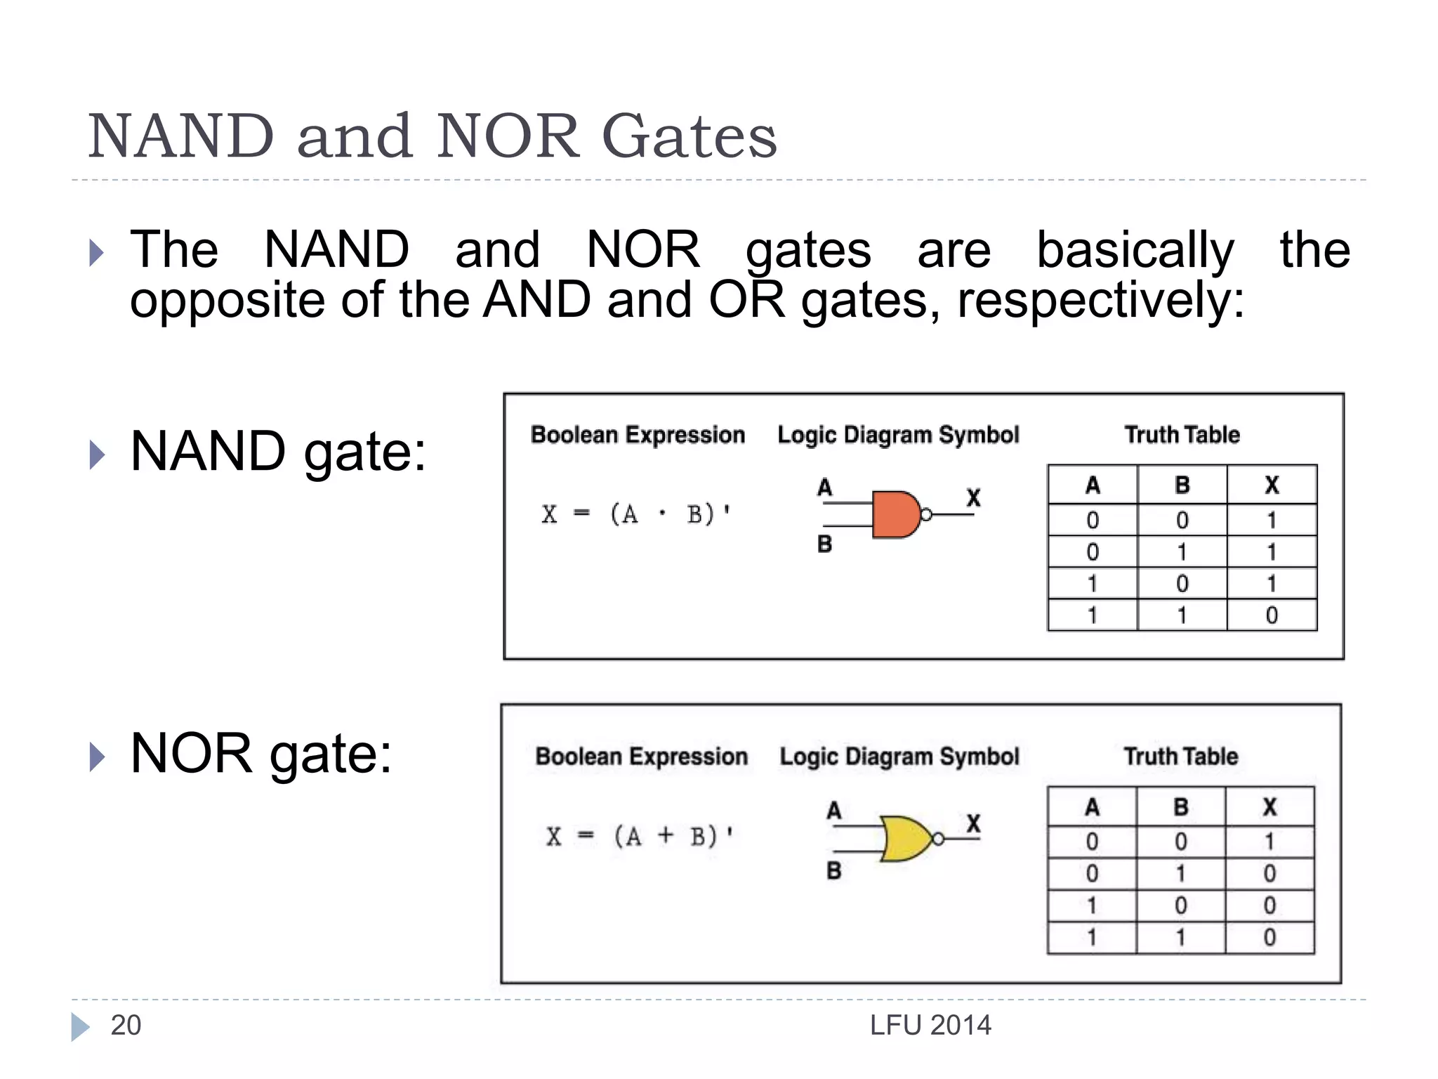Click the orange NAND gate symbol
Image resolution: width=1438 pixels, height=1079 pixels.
pyautogui.click(x=895, y=515)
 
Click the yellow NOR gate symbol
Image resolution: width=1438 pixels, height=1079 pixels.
pyautogui.click(x=906, y=839)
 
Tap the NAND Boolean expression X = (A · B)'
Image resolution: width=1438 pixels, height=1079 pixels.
pyautogui.click(x=636, y=514)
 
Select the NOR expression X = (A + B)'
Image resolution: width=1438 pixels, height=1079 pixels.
pyautogui.click(x=639, y=836)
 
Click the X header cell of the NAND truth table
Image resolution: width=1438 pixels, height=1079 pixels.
pyautogui.click(x=1272, y=485)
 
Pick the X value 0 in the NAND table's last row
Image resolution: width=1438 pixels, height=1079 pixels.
pyautogui.click(x=1272, y=615)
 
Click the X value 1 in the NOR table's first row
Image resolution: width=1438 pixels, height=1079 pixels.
pyautogui.click(x=1269, y=842)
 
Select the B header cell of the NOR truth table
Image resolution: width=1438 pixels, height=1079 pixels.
pyautogui.click(x=1181, y=806)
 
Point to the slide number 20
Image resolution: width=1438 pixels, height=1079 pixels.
pyautogui.click(x=126, y=1026)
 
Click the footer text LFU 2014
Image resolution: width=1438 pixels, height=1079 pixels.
pyautogui.click(x=930, y=1026)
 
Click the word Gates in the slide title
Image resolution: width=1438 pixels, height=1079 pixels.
pyautogui.click(x=690, y=136)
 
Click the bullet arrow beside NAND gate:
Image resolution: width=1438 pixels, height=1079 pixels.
pyautogui.click(x=97, y=455)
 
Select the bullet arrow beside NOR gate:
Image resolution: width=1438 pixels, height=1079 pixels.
pyautogui.click(x=97, y=757)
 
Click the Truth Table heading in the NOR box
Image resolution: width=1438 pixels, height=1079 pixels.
pyautogui.click(x=1181, y=756)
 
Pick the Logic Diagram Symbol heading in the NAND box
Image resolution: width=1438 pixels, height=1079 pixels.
pyautogui.click(x=898, y=435)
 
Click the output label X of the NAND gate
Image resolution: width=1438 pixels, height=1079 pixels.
pyautogui.click(x=973, y=497)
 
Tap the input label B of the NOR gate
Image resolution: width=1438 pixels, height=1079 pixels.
pyautogui.click(x=833, y=871)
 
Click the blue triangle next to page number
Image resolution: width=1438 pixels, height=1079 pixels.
pyautogui.click(x=80, y=1027)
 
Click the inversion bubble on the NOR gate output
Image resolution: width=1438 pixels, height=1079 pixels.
pyautogui.click(x=938, y=839)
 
